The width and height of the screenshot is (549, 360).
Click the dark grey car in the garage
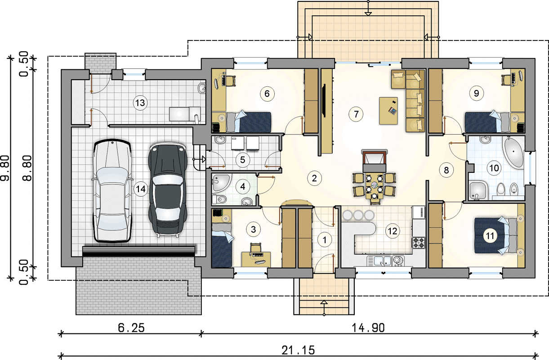click(x=168, y=190)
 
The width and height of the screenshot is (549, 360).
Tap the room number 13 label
click(x=140, y=103)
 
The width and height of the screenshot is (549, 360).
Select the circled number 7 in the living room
click(x=356, y=114)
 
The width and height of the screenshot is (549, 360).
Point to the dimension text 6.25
click(x=131, y=328)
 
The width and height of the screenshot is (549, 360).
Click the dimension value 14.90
click(x=368, y=328)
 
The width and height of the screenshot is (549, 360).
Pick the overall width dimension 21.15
click(x=298, y=350)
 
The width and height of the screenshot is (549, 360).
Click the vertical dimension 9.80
click(x=5, y=168)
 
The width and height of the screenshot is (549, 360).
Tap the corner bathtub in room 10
click(x=513, y=152)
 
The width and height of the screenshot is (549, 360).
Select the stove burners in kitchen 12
click(x=419, y=243)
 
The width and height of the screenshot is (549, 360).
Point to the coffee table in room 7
click(x=388, y=111)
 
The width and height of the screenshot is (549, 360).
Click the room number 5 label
click(x=242, y=160)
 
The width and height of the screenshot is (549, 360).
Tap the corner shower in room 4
click(x=221, y=183)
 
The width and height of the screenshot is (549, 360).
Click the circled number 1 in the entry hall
click(x=325, y=240)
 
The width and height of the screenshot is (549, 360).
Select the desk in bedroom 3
click(x=256, y=259)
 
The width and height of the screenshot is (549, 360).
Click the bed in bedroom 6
click(x=248, y=122)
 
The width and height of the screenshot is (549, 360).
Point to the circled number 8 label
click(x=446, y=170)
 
